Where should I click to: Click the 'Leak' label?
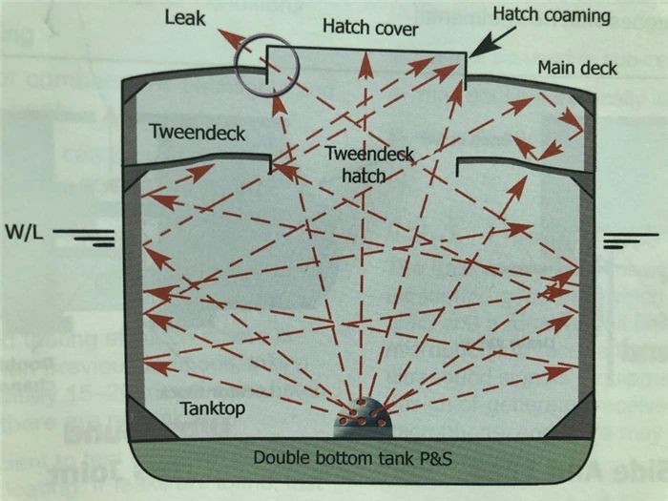pos(185,17)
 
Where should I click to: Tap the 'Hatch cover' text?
pos(370,29)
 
